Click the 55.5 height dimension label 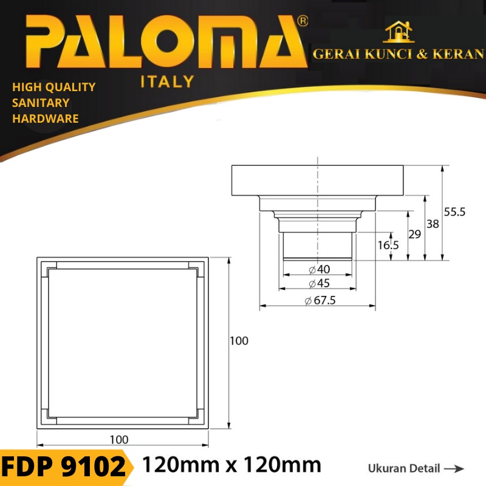pos(454,212)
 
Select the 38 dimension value pos(433,224)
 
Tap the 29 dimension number pos(415,234)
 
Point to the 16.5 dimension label pos(388,245)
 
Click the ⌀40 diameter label pos(320,269)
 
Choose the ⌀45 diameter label pos(320,283)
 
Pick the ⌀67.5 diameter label pos(320,300)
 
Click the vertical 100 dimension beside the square pos(239,341)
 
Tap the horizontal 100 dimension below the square pos(119,439)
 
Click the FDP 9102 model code pos(64,467)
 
